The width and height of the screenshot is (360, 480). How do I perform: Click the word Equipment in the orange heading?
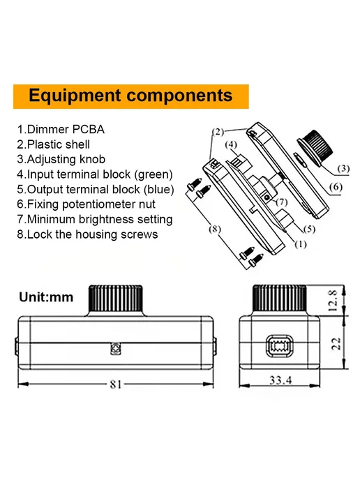click(x=75, y=96)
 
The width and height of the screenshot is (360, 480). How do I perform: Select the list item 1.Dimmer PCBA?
click(x=61, y=129)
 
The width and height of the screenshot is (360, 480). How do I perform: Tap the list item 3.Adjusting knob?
click(x=61, y=160)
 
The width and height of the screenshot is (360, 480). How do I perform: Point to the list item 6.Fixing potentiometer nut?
click(x=86, y=204)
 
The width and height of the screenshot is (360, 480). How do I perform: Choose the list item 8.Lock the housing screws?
click(x=87, y=234)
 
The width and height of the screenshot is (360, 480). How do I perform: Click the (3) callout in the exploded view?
click(x=343, y=168)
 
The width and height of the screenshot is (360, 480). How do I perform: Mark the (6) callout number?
click(x=336, y=187)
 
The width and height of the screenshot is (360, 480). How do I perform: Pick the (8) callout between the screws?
click(x=215, y=229)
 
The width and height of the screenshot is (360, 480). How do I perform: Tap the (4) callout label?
click(x=231, y=144)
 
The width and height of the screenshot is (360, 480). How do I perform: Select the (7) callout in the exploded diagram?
click(x=282, y=202)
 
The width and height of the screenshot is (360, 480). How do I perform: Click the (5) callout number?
click(x=309, y=229)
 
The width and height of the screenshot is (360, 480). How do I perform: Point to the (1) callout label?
click(x=300, y=244)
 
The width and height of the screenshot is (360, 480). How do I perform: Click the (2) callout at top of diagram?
click(x=218, y=132)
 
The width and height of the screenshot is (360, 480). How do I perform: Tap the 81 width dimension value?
click(x=116, y=384)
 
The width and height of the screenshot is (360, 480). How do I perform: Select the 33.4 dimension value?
click(x=280, y=380)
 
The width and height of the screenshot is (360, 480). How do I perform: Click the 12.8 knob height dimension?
click(x=333, y=301)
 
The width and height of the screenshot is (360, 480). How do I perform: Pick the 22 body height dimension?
click(x=336, y=344)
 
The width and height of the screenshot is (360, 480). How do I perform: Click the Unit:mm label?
click(x=46, y=297)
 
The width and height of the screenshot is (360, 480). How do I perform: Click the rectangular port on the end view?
click(x=280, y=346)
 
